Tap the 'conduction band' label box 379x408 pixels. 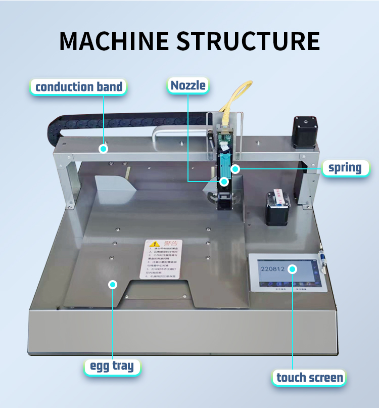coord(79,86)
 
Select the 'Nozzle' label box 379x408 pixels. coord(188,85)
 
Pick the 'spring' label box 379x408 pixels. coord(345,167)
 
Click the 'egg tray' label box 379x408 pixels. coord(112,366)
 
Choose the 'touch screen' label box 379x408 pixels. coord(309,377)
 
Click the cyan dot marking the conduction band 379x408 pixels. coord(104,149)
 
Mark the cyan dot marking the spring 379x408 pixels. coord(235,168)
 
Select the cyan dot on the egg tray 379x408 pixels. coord(113,285)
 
